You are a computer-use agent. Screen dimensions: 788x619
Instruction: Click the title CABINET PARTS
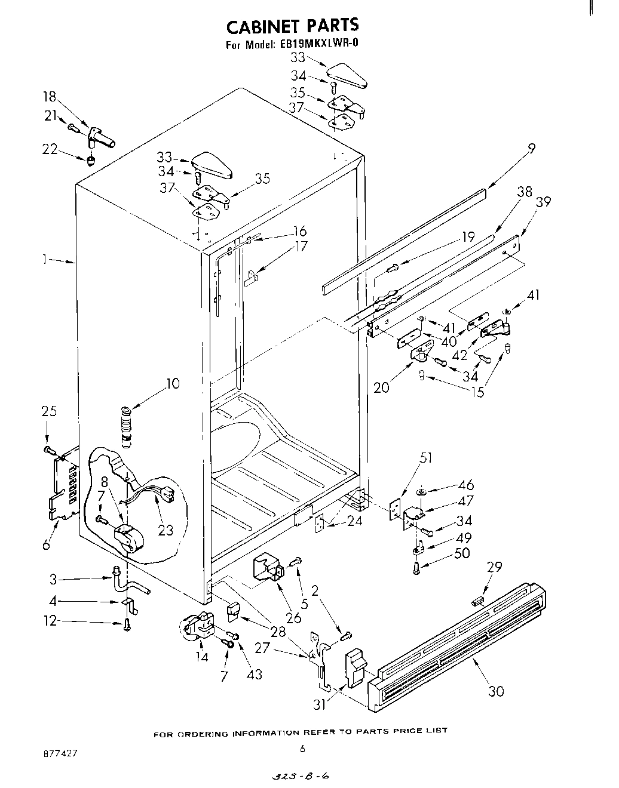point(292,25)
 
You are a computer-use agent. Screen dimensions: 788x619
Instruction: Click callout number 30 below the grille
point(495,691)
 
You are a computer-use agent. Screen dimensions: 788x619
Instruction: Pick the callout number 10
point(173,383)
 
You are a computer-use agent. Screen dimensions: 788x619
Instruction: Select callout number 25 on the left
point(49,411)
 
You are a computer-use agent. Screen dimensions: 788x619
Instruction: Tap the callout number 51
point(427,458)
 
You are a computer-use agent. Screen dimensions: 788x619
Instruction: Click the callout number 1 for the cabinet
point(44,260)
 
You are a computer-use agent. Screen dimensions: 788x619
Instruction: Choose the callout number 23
point(166,529)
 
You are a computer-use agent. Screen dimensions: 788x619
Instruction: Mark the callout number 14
point(202,657)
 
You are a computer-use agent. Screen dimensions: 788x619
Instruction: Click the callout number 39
point(543,202)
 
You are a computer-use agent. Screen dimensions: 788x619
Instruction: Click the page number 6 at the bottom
point(302,749)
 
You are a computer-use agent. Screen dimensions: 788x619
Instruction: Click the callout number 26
point(293,618)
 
